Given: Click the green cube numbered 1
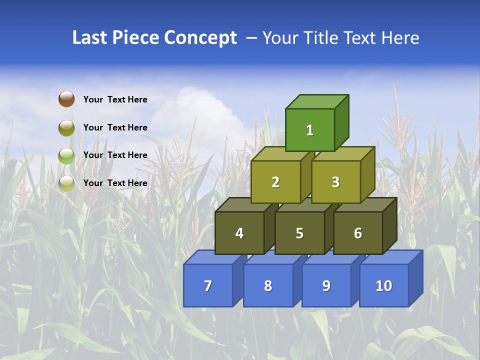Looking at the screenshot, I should coord(309,130).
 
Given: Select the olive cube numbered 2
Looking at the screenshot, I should coord(275,182).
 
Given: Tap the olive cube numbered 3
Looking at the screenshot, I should coord(335,182).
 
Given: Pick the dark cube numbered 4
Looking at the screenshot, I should coord(239,233).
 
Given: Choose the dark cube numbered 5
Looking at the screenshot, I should coord(299,233).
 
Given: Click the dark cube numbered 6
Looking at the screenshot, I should coord(358,233).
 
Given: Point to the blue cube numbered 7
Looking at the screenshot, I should coord(208,285).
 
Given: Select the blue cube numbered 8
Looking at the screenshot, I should coord(268,285).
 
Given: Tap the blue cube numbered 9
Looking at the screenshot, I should coord(326,285).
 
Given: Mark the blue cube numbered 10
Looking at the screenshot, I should coord(383,285).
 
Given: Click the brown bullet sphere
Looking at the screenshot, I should coord(66,99).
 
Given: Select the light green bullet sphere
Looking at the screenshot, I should coord(66,155).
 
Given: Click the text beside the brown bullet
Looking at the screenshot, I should coord(115,99).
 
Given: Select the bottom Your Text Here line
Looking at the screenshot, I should coord(115,183).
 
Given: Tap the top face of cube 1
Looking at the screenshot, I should coord(316,101).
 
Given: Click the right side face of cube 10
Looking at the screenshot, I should coord(415,278).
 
